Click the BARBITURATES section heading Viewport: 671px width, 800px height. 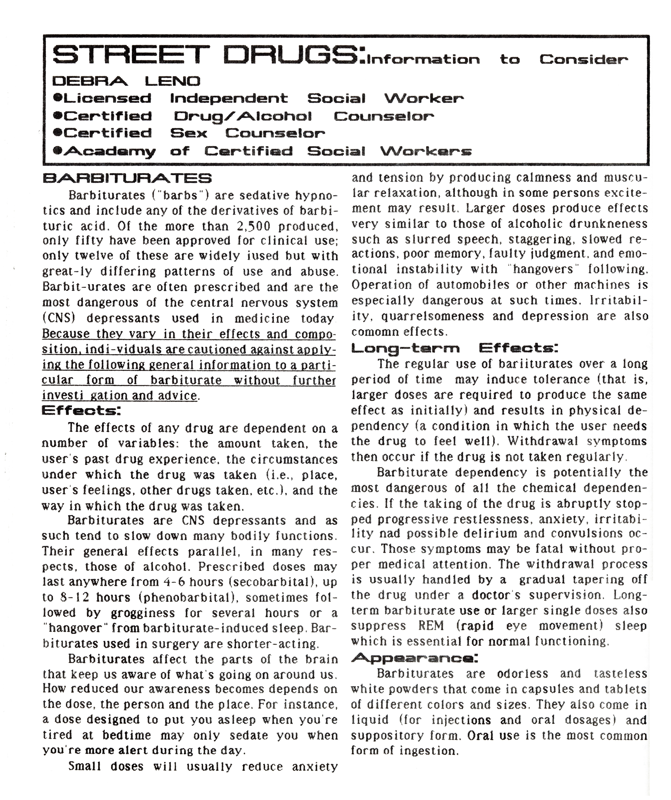point(127,178)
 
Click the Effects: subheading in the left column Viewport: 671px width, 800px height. point(81,411)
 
